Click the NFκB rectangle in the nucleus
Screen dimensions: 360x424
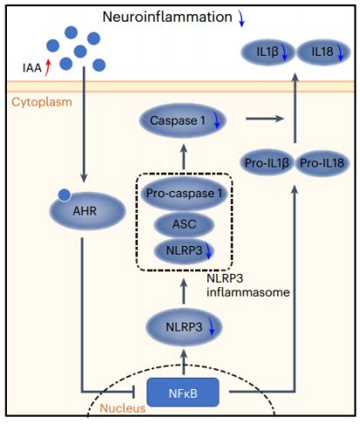(x=183, y=392)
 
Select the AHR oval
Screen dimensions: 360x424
(x=87, y=211)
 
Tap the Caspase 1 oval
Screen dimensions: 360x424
(x=183, y=120)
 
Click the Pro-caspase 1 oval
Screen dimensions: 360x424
(x=184, y=194)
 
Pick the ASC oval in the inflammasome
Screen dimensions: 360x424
(x=184, y=224)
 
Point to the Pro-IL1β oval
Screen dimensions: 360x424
(x=267, y=163)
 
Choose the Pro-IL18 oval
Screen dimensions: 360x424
(x=322, y=163)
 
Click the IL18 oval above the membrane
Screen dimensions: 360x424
(x=323, y=52)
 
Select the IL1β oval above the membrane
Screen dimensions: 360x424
(x=268, y=52)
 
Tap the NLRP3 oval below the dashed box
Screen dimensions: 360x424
(x=184, y=327)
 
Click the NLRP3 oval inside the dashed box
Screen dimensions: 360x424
(x=184, y=250)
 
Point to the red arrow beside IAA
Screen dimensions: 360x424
(x=48, y=67)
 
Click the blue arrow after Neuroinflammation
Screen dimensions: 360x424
(x=241, y=18)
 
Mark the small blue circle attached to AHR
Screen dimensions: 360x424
(x=65, y=195)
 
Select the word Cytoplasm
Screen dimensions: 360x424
(x=42, y=102)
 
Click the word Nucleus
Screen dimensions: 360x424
(x=122, y=408)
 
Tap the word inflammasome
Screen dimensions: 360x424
(x=248, y=292)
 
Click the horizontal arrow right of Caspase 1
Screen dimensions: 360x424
(x=265, y=119)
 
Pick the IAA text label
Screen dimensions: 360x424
(x=32, y=68)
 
